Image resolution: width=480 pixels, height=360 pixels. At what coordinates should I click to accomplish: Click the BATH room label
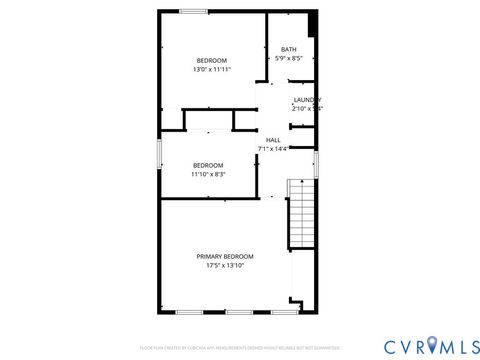pyautogui.click(x=288, y=50)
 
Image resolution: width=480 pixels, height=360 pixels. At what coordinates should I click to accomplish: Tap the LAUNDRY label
pyautogui.click(x=306, y=99)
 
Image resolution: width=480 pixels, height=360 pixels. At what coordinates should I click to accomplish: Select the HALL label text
pyautogui.click(x=272, y=140)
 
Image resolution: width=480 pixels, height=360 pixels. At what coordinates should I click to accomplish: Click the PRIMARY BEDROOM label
pyautogui.click(x=224, y=256)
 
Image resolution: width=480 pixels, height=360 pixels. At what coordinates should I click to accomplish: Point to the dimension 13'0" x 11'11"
pyautogui.click(x=211, y=70)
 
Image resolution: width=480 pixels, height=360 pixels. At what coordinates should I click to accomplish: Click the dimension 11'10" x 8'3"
pyautogui.click(x=208, y=174)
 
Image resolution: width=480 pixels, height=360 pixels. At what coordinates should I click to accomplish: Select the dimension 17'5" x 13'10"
pyautogui.click(x=224, y=266)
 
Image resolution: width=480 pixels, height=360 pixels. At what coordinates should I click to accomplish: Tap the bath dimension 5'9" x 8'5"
pyautogui.click(x=288, y=59)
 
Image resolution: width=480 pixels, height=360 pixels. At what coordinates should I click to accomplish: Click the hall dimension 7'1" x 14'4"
pyautogui.click(x=272, y=149)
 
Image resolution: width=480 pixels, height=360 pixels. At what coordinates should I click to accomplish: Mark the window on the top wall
pyautogui.click(x=193, y=11)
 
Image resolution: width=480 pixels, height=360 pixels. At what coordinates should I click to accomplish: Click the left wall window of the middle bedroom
pyautogui.click(x=159, y=156)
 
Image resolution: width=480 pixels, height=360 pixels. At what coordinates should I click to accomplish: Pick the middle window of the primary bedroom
pyautogui.click(x=239, y=313)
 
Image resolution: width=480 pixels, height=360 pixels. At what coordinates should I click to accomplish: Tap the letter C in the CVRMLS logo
pyautogui.click(x=387, y=345)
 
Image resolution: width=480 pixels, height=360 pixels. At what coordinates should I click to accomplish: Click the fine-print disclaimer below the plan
pyautogui.click(x=239, y=349)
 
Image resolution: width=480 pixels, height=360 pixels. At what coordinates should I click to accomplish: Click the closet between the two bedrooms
pyautogui.click(x=208, y=121)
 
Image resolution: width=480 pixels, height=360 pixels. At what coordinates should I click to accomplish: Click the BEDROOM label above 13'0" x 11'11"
pyautogui.click(x=211, y=61)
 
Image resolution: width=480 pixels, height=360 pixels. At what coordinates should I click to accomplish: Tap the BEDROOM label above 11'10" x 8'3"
pyautogui.click(x=208, y=165)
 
